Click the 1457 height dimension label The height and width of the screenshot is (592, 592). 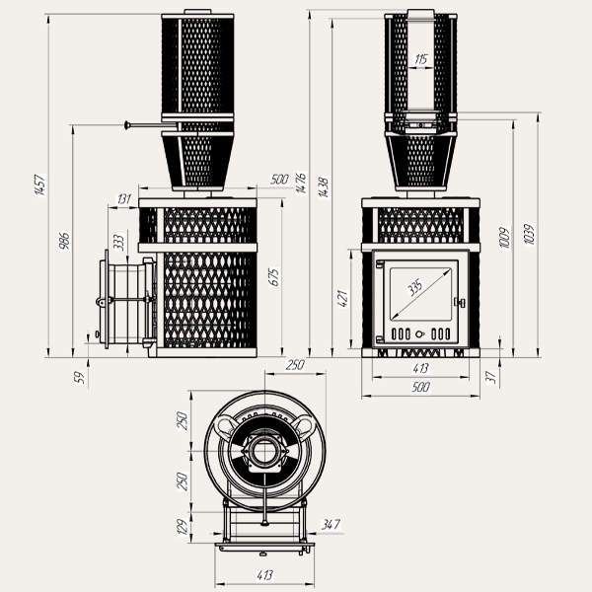(39, 185)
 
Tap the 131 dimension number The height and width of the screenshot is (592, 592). (123, 198)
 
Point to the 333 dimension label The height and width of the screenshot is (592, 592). (118, 242)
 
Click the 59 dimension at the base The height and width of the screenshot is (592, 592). (81, 375)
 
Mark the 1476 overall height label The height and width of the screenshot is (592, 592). (301, 184)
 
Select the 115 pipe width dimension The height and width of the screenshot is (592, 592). (421, 60)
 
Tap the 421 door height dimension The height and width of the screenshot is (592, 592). (344, 298)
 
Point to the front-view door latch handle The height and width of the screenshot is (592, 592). (459, 302)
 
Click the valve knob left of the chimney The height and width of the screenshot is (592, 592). (127, 124)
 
